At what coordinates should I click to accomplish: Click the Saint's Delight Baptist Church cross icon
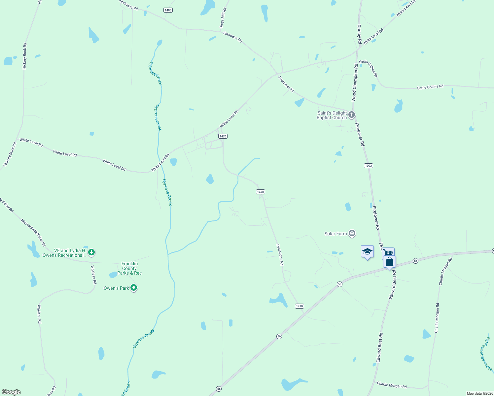352,115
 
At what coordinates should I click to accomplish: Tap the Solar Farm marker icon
352,234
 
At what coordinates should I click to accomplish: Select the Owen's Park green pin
134,288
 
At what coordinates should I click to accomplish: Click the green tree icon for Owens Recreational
91,253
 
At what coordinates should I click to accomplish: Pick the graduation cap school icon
367,252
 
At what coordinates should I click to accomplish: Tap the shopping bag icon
390,262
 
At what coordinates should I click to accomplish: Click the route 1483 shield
168,10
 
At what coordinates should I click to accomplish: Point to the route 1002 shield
369,166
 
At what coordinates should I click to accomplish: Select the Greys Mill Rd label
223,18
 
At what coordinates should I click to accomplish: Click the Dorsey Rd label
359,34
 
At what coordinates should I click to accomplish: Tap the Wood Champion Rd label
355,82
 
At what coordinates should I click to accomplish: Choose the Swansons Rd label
280,254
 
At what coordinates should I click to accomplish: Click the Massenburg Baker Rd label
33,233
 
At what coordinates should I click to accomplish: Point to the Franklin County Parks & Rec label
129,268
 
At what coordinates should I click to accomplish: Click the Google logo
11,392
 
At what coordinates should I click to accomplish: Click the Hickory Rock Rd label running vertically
24,56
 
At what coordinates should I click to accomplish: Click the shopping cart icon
389,253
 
